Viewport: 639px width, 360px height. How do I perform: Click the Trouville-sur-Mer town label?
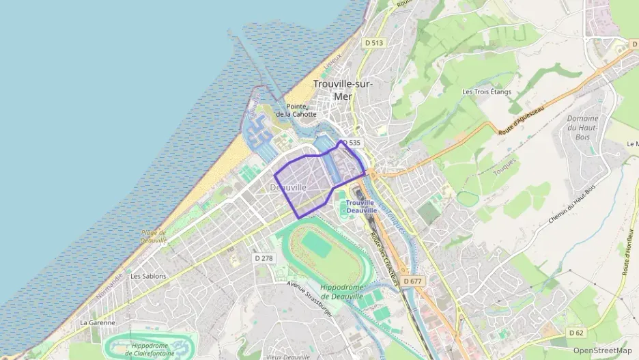343,89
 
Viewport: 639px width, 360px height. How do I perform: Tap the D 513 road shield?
374,42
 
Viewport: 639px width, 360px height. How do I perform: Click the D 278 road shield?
263,258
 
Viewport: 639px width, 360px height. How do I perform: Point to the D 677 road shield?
412,281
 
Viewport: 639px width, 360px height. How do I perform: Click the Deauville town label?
288,187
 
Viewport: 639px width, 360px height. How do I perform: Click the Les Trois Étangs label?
486,92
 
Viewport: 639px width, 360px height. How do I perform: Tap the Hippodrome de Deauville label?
345,292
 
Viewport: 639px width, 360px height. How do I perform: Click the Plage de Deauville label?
154,236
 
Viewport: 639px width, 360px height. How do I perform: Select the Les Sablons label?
148,276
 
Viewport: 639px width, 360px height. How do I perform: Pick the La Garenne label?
98,322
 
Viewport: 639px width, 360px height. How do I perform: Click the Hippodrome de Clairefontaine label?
152,350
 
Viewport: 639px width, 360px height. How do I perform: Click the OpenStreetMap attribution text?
603,350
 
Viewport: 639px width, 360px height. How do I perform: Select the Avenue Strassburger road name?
310,299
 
